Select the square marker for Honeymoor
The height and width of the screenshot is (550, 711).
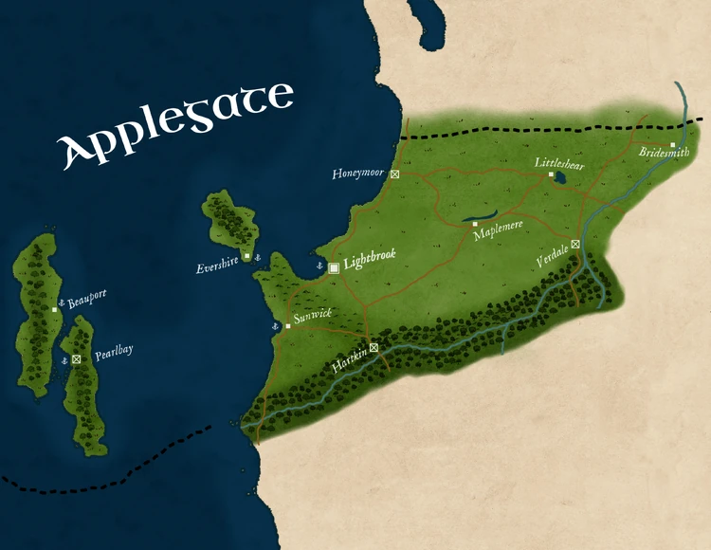point(395,174)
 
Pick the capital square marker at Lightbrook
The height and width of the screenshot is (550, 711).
point(334,268)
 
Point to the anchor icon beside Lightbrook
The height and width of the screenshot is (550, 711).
point(320,267)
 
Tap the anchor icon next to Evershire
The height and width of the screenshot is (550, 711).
point(257,257)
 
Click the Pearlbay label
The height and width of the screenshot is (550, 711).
point(114,352)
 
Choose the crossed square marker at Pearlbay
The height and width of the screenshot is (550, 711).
point(77,360)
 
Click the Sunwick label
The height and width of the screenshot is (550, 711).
point(313,316)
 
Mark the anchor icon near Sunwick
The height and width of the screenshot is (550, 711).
point(276,326)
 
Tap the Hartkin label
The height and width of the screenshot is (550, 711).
point(349,361)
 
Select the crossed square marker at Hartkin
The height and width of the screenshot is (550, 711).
point(374,347)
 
